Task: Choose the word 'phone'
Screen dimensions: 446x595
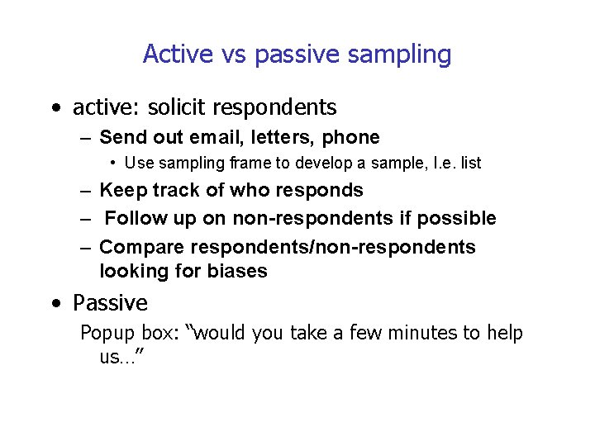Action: (x=351, y=137)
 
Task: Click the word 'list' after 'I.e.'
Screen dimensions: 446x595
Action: (x=471, y=164)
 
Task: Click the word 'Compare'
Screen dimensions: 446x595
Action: (x=141, y=247)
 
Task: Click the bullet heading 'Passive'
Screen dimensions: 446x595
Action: (x=110, y=303)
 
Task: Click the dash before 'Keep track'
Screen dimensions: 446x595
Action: (x=85, y=191)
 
